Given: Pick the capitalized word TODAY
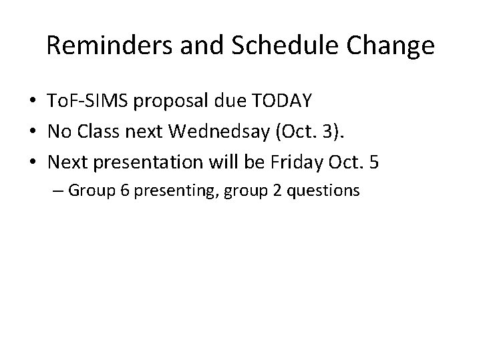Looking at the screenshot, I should (x=285, y=102).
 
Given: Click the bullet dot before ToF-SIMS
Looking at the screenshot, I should (x=32, y=102).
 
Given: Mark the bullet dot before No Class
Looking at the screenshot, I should (x=32, y=132).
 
